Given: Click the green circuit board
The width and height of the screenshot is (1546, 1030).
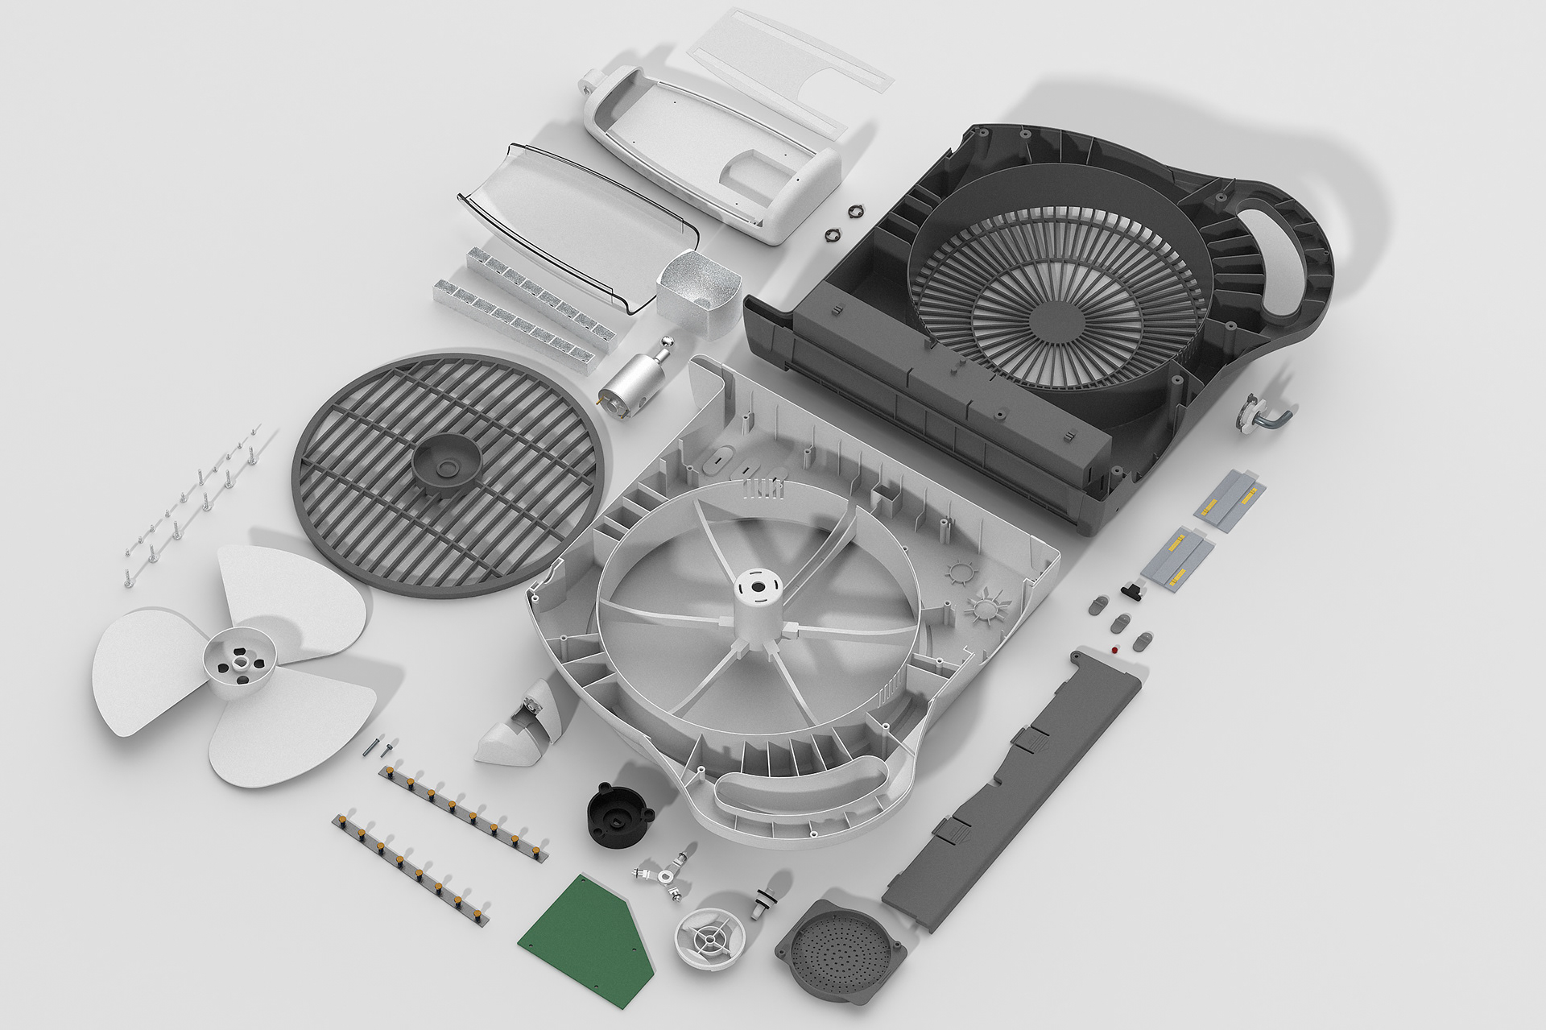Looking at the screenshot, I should pos(585,941).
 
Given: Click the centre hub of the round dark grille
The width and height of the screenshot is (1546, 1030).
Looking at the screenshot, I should pos(447,463).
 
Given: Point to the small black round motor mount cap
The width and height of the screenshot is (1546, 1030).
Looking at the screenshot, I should pos(618,815).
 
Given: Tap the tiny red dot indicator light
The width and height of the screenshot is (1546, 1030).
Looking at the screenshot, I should pos(1114,649).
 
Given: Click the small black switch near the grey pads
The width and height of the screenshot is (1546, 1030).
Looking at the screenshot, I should pos(1133,591).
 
